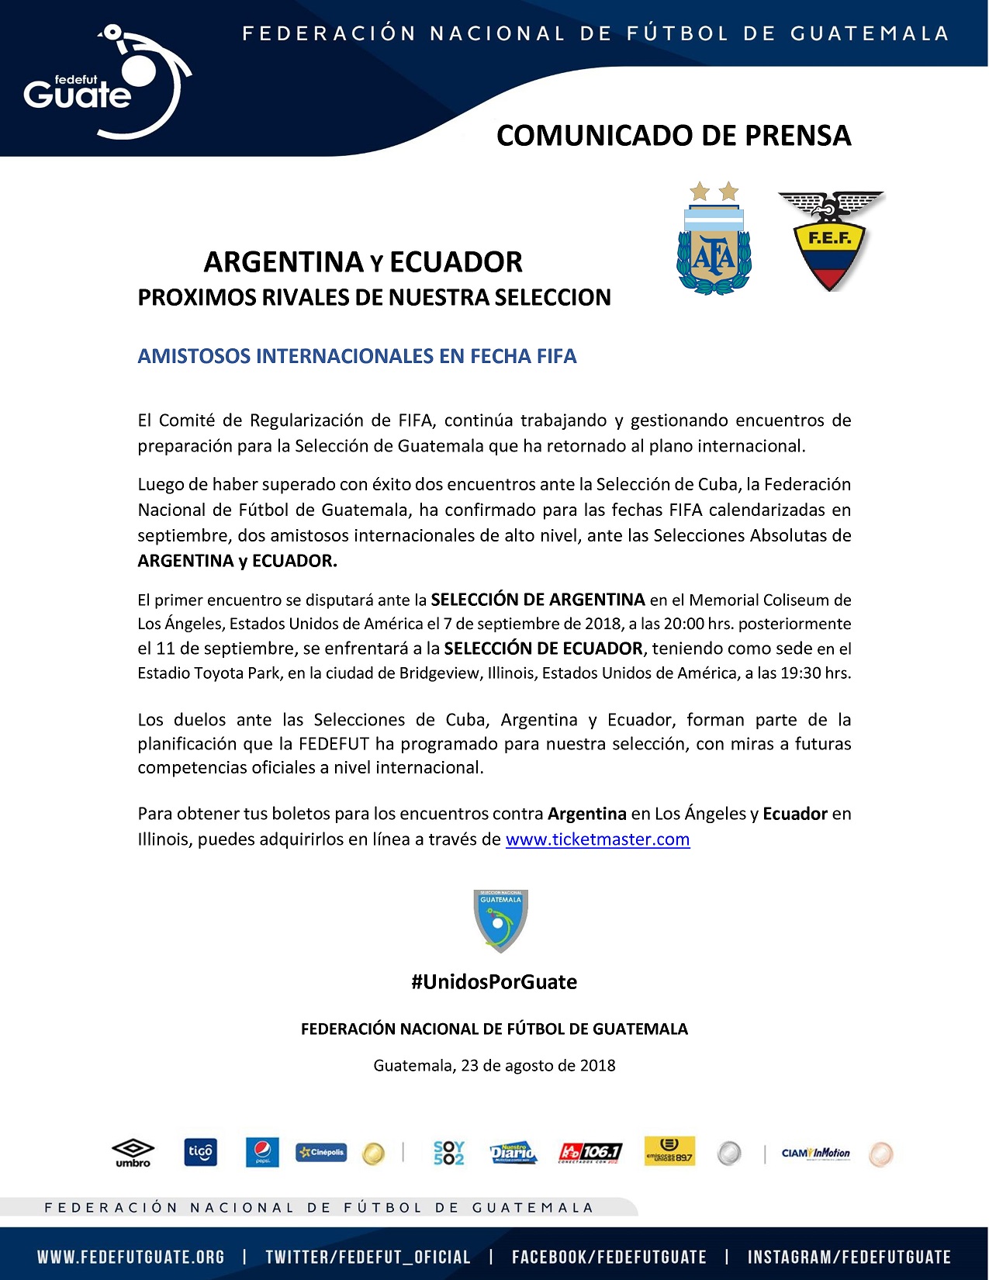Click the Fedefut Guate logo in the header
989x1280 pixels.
[105, 84]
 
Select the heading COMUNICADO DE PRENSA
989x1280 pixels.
[673, 136]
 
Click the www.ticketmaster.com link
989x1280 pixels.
[597, 839]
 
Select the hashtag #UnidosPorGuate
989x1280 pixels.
[494, 982]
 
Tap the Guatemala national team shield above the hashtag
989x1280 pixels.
[500, 921]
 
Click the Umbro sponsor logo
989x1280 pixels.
[133, 1153]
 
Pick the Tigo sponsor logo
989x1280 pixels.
[200, 1153]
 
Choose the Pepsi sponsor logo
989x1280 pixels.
[262, 1153]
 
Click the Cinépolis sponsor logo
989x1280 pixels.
[320, 1153]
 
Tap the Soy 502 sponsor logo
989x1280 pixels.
[448, 1153]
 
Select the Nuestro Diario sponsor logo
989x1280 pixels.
[514, 1153]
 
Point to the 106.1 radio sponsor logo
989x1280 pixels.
[590, 1153]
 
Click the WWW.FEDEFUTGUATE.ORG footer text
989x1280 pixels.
[131, 1257]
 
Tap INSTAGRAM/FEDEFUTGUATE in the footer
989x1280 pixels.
[849, 1257]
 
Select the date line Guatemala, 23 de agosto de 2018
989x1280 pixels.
[494, 1066]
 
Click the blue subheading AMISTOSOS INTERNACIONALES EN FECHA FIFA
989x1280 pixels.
[357, 357]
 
